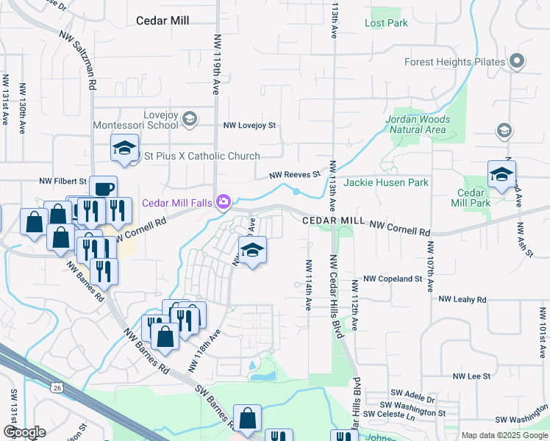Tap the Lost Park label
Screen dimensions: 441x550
tap(386, 23)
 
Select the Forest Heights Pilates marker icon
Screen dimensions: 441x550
tap(517, 62)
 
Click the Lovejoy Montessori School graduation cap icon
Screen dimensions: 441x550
tap(189, 118)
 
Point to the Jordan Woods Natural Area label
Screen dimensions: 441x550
tap(416, 124)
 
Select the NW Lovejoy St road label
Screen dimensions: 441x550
tap(249, 126)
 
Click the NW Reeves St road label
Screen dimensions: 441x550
tap(295, 175)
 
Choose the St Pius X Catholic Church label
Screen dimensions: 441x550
tap(202, 156)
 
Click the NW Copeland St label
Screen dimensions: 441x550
tap(393, 279)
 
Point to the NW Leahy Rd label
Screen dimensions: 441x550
tap(463, 299)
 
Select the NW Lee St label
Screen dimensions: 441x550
tap(471, 376)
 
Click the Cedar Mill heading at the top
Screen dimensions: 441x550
tap(164, 21)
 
